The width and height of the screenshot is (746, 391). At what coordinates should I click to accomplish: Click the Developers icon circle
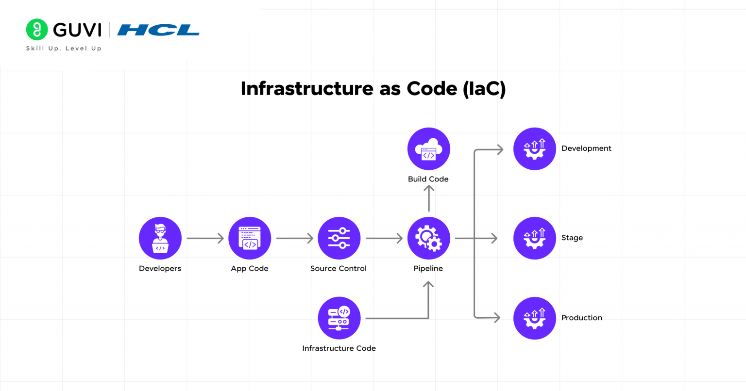click(x=160, y=238)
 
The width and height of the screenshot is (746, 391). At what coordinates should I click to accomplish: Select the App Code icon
click(x=250, y=238)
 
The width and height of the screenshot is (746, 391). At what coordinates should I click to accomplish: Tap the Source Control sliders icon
click(x=339, y=238)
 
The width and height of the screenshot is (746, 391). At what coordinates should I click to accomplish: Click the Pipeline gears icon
click(x=428, y=238)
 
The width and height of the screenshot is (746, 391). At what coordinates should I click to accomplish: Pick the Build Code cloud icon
click(x=428, y=149)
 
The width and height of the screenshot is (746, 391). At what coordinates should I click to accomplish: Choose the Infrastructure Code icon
click(x=339, y=318)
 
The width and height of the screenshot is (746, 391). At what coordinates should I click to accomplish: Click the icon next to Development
click(x=534, y=149)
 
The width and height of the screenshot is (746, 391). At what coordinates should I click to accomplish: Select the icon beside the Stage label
click(x=534, y=238)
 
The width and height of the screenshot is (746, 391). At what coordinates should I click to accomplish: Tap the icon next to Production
click(x=534, y=318)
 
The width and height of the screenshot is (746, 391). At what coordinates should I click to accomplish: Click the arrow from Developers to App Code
click(x=205, y=238)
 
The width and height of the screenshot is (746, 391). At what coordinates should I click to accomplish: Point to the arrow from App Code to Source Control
click(x=294, y=238)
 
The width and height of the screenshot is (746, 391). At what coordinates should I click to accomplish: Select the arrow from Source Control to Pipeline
click(x=384, y=238)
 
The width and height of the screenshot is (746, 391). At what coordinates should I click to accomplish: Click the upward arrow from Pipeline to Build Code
click(x=428, y=198)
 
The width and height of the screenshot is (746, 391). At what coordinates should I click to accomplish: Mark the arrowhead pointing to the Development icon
click(x=499, y=150)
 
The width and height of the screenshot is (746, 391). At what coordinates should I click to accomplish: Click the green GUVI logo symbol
click(x=37, y=30)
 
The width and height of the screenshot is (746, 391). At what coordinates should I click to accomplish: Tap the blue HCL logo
click(x=158, y=30)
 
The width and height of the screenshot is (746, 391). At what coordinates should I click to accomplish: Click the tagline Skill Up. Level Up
click(x=64, y=49)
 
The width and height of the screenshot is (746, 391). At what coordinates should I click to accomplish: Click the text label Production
click(x=581, y=318)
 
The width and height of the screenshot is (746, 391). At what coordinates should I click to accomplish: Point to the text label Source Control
click(x=338, y=268)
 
